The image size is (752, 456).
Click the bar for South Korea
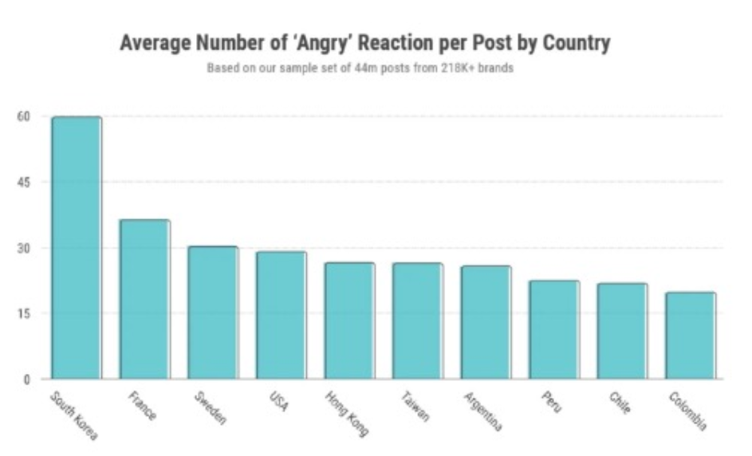pos(77,247)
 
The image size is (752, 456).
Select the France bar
pos(144,299)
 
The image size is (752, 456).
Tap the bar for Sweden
pos(213,313)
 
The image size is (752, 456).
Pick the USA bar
pos(281,315)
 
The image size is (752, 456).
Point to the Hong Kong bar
pos(349,320)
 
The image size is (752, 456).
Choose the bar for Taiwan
pos(417,320)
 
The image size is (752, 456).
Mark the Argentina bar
pos(486,322)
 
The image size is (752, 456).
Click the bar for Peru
pos(553,329)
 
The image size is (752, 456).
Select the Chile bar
pos(622,331)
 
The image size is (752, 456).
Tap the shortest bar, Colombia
pos(691,336)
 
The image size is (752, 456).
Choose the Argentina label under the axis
pos(482,411)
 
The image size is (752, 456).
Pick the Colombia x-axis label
pos(687,411)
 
